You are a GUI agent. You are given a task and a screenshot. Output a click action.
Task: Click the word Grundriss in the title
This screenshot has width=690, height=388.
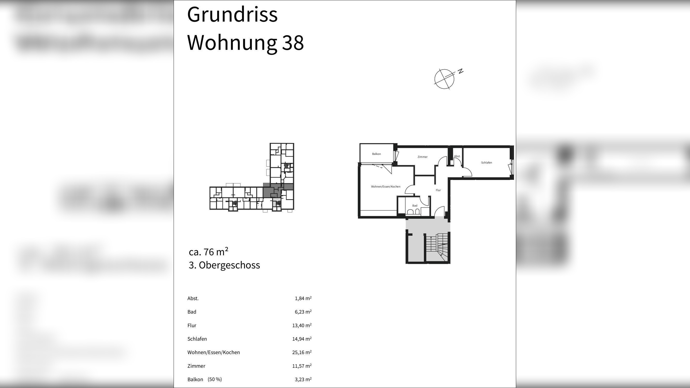pyautogui.click(x=232, y=15)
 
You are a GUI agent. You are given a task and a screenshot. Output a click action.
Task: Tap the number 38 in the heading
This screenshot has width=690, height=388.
pyautogui.click(x=293, y=43)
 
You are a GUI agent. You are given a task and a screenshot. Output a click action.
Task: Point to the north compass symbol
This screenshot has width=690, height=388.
pyautogui.click(x=445, y=79)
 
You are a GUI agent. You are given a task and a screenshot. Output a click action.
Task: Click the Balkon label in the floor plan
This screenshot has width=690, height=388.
pyautogui.click(x=376, y=154)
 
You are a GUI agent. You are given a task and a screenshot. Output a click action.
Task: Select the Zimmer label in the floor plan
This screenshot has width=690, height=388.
pyautogui.click(x=422, y=157)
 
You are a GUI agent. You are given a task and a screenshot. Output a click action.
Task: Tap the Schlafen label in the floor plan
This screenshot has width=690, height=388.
pyautogui.click(x=486, y=162)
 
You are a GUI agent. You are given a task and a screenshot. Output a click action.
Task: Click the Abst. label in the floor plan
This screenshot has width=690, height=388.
pyautogui.click(x=457, y=156)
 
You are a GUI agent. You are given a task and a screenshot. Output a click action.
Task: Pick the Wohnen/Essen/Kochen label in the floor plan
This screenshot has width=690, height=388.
pyautogui.click(x=385, y=187)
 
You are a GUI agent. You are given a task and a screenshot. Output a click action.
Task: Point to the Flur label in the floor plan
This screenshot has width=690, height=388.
pyautogui.click(x=438, y=190)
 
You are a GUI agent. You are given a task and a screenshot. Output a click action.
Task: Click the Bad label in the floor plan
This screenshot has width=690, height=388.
pyautogui.click(x=415, y=206)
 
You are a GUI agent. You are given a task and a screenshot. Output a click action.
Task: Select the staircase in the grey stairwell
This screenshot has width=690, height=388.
pyautogui.click(x=437, y=247)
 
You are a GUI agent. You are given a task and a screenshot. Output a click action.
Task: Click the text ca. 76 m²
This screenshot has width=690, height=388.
pyautogui.click(x=208, y=252)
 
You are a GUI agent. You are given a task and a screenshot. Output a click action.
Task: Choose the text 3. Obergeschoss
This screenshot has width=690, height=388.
pyautogui.click(x=224, y=265)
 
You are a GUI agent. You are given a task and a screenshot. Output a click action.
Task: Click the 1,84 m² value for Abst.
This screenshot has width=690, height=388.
pyautogui.click(x=303, y=298)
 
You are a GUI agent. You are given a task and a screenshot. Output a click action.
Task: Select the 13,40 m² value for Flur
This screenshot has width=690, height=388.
pyautogui.click(x=302, y=325)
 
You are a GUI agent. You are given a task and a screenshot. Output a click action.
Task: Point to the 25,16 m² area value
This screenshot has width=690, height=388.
pyautogui.click(x=302, y=352)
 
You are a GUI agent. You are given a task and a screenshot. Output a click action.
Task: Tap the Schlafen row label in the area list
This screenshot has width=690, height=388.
pyautogui.click(x=197, y=339)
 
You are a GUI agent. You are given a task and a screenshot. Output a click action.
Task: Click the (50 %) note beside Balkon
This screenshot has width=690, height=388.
pyautogui.click(x=215, y=379)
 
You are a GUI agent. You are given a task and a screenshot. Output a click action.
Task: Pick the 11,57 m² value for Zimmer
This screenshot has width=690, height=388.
pyautogui.click(x=302, y=366)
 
